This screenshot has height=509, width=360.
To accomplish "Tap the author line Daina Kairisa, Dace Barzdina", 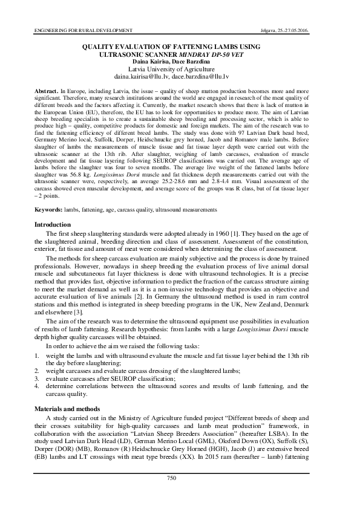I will [x=179, y=62].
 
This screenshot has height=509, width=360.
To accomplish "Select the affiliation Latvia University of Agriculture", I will [x=179, y=70].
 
